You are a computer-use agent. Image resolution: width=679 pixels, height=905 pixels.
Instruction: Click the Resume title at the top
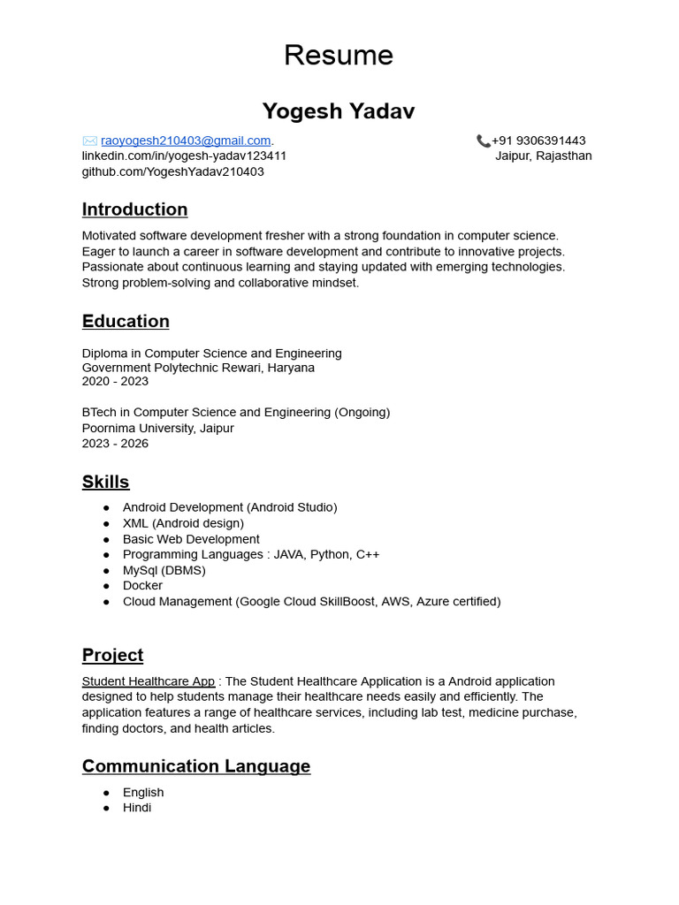tap(338, 55)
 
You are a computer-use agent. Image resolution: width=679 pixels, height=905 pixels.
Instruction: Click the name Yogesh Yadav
tap(338, 111)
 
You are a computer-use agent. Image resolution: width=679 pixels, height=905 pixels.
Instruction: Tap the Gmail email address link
tap(186, 141)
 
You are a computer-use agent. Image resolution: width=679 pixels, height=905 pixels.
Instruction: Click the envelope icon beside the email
tap(89, 141)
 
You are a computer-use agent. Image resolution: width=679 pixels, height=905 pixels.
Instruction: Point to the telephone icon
tap(483, 141)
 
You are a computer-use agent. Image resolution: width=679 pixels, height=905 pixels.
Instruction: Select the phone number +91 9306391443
tap(538, 141)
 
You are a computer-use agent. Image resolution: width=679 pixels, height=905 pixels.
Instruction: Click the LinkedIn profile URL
tap(184, 156)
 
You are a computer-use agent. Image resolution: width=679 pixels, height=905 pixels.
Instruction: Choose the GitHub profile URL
tap(172, 171)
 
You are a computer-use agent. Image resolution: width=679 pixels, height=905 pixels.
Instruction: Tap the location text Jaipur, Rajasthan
tap(543, 156)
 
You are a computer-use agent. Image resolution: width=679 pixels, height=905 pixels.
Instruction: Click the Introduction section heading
tap(134, 209)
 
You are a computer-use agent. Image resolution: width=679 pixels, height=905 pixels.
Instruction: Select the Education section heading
tap(126, 321)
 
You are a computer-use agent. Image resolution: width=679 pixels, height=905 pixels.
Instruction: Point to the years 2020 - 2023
tap(115, 381)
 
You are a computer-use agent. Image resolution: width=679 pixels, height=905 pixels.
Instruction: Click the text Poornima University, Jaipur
tap(157, 428)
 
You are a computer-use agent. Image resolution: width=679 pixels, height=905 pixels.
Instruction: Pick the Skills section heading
tap(105, 482)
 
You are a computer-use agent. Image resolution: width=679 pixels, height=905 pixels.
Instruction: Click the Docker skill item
tap(142, 585)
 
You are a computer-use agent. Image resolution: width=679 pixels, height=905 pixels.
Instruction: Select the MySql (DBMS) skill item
tap(164, 570)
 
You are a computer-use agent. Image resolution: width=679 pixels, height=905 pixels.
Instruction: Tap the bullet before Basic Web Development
tap(106, 539)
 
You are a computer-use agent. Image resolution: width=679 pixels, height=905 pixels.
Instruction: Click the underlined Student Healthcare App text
tap(149, 681)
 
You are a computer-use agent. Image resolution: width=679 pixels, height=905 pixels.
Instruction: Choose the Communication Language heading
tap(196, 766)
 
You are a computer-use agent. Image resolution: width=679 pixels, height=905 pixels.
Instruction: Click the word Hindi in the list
tap(137, 807)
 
